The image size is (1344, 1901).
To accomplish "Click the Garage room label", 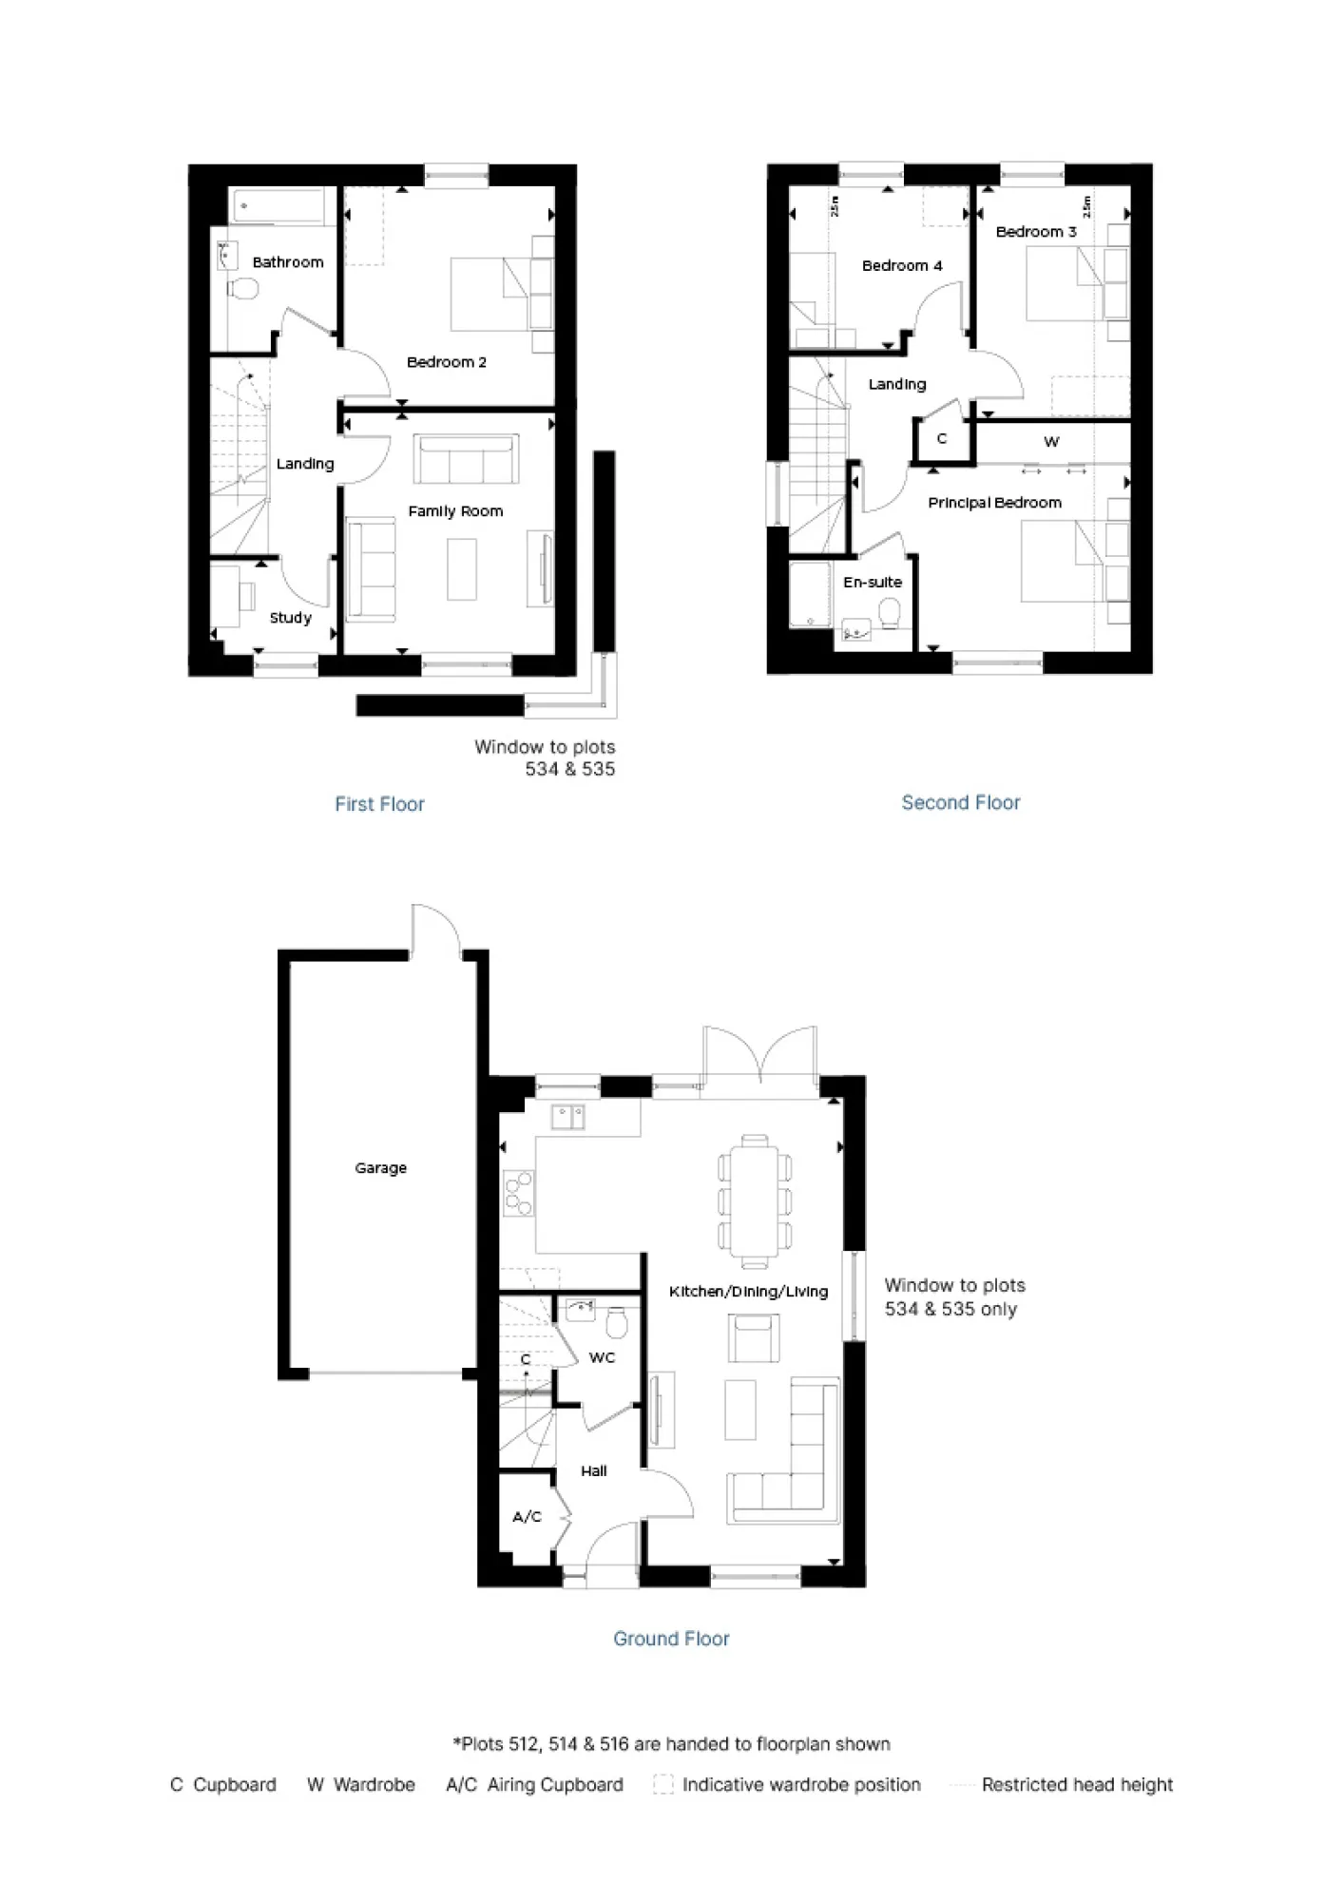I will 380,1167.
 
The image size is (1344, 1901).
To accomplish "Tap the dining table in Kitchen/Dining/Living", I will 755,1201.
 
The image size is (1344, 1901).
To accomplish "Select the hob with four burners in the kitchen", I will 519,1194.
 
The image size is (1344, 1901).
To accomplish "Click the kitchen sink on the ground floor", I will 567,1116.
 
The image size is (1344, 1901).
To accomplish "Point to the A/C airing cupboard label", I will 527,1516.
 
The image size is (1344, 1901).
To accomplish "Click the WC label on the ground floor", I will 602,1357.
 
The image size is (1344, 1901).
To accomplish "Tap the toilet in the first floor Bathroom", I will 243,288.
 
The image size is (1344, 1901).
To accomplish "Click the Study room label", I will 290,618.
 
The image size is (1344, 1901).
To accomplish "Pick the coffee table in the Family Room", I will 462,568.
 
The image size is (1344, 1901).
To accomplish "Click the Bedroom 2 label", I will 446,362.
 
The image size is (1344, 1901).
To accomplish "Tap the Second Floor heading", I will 960,802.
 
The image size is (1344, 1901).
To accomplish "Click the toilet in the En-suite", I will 891,613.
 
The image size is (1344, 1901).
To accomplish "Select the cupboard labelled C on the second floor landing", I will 942,439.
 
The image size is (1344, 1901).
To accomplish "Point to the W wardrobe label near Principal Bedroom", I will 1050,442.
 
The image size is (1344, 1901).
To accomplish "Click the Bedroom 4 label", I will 901,266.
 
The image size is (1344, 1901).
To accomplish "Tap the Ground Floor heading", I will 671,1639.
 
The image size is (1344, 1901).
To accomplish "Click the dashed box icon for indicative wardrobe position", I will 662,1784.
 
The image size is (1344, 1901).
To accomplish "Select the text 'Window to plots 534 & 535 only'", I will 953,1296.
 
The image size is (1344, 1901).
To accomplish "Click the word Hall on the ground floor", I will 593,1470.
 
